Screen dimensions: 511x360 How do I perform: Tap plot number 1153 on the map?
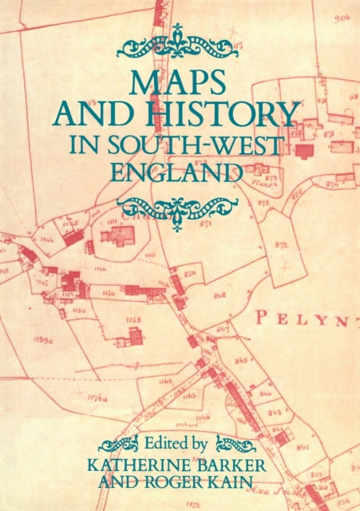[x=132, y=319]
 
